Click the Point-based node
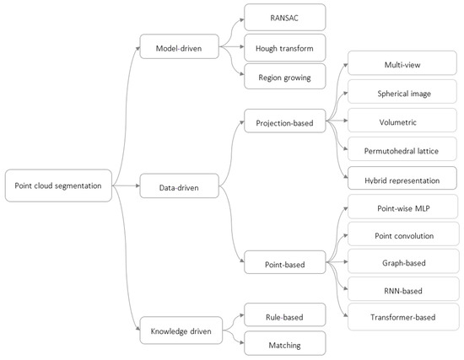(x=284, y=265)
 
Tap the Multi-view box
(x=401, y=64)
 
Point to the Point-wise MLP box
(x=401, y=207)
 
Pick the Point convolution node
(x=401, y=235)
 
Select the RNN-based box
(x=401, y=292)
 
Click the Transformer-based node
(x=401, y=319)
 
